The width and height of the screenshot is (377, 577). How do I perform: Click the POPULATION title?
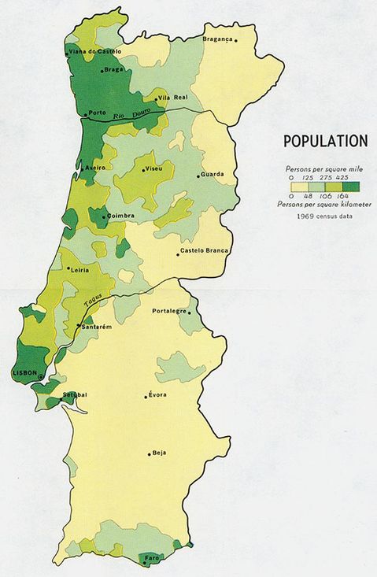click(325, 142)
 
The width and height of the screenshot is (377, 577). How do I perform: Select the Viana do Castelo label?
click(95, 51)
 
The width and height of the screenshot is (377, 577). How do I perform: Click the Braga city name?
click(115, 69)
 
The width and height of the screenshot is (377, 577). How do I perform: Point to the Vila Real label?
click(174, 97)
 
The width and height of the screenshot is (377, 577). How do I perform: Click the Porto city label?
click(98, 113)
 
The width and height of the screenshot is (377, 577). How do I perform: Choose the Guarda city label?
click(213, 174)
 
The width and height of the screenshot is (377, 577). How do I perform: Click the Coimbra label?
click(121, 215)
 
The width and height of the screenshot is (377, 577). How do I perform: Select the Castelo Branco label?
click(205, 251)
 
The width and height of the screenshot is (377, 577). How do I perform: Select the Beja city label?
click(160, 453)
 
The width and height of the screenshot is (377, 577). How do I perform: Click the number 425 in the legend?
click(342, 178)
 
